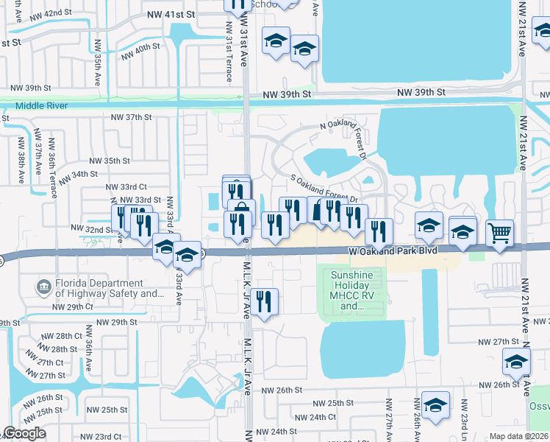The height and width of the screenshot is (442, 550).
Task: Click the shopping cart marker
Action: click(x=500, y=233)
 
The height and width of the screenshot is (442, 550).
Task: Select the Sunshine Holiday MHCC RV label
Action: click(x=352, y=287)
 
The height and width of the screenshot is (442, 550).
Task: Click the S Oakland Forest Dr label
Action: click(x=324, y=189)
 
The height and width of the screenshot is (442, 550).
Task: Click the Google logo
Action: click(x=24, y=433)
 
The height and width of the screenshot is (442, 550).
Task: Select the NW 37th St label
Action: click(x=131, y=117)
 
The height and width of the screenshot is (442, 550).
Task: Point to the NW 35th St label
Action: click(x=110, y=160)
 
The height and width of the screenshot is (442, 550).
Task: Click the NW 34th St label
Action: click(x=78, y=176)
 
